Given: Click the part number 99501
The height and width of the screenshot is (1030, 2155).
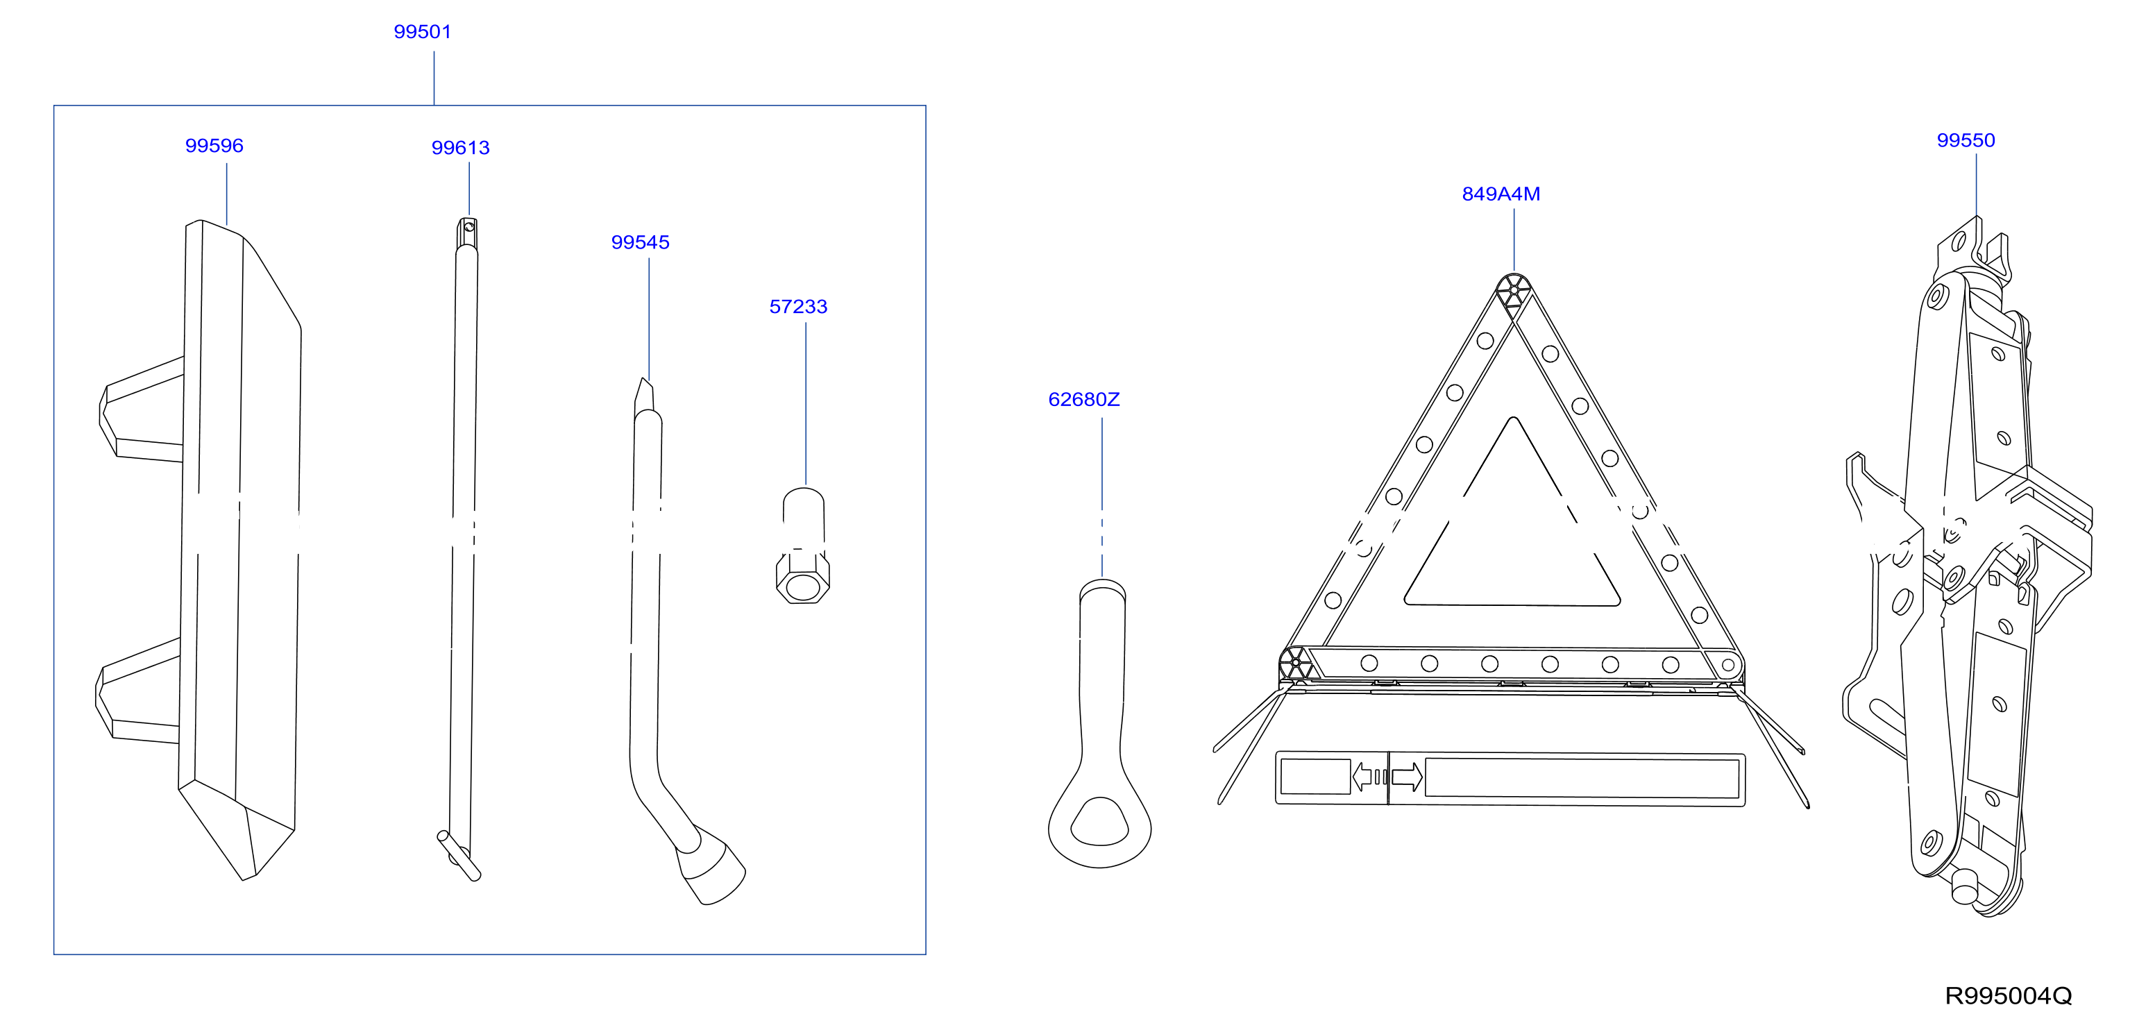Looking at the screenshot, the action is [423, 32].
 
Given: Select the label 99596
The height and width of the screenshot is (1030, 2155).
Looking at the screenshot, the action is [214, 146].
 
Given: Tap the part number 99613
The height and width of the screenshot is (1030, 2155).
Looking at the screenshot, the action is [460, 148].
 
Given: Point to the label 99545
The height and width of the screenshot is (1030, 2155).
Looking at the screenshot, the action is [640, 243].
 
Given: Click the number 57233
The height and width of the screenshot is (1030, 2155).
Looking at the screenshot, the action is [798, 307].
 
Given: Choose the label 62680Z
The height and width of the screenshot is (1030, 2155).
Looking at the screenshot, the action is [1083, 400].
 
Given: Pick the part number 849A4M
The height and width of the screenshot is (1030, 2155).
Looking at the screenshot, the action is [1501, 194].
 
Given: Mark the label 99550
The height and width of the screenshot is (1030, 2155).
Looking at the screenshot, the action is [1966, 141].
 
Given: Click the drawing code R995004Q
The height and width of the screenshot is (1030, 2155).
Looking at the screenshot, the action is [2008, 996].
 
